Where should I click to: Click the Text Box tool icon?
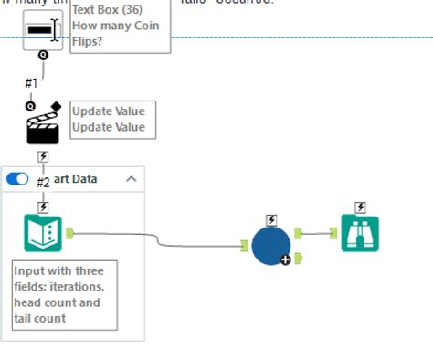click(x=42, y=30)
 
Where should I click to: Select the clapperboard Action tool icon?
click(x=43, y=125)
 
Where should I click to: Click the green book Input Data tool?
click(x=43, y=234)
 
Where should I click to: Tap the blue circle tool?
click(x=270, y=245)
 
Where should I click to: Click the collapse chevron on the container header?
click(x=131, y=179)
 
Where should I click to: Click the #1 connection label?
click(x=31, y=83)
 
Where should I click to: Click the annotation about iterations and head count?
click(x=64, y=295)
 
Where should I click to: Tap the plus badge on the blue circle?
click(x=286, y=260)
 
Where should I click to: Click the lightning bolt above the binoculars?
click(x=360, y=207)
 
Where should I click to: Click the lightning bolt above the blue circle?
click(x=271, y=219)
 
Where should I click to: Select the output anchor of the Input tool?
click(x=69, y=233)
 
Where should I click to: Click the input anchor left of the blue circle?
click(x=245, y=245)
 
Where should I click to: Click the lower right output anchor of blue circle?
click(x=298, y=258)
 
